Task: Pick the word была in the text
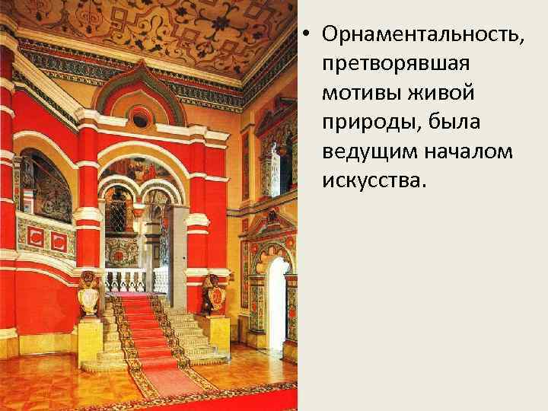point(464,123)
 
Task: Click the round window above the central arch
point(140,118)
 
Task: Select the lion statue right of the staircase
point(212,292)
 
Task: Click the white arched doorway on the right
point(276,301)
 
